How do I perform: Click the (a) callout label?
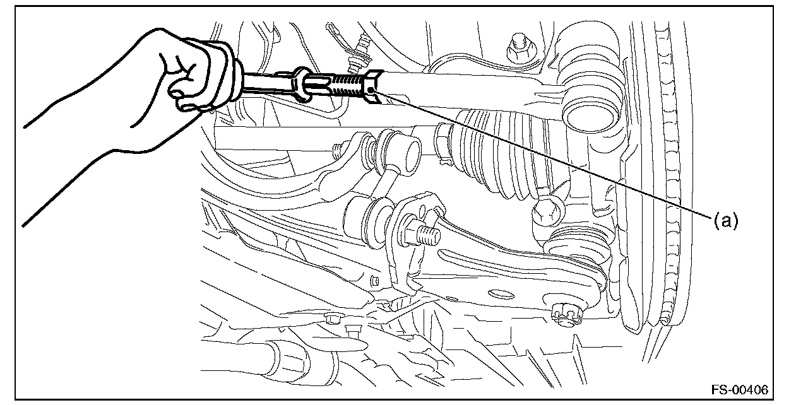pyautogui.click(x=726, y=220)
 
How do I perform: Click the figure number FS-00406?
pyautogui.click(x=739, y=389)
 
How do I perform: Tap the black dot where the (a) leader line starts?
pyautogui.click(x=371, y=90)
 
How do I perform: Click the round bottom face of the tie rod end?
pyautogui.click(x=589, y=117)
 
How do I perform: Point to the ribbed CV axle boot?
pyautogui.click(x=505, y=155)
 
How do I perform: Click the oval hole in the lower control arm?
pyautogui.click(x=501, y=295)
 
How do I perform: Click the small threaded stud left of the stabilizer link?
pyautogui.click(x=337, y=150)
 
